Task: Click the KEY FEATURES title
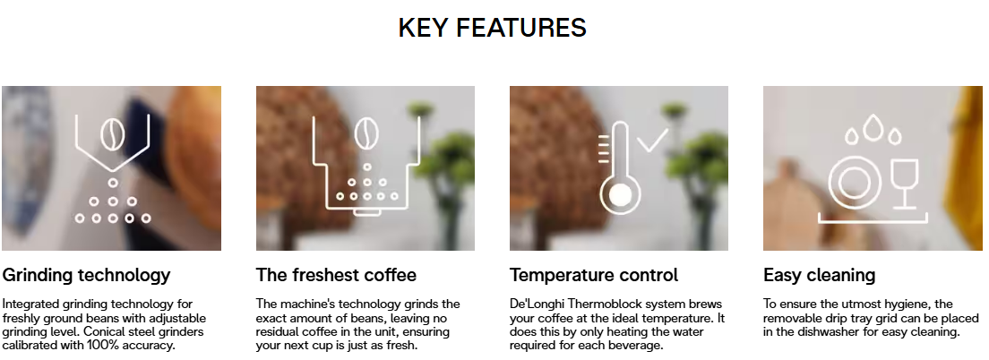[493, 29]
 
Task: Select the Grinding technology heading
[86, 276]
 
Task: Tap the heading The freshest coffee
[336, 275]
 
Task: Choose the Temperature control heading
[594, 275]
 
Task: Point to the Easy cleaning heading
[820, 276]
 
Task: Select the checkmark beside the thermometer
[652, 140]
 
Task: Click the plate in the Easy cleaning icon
[855, 184]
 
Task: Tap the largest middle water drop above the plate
[873, 126]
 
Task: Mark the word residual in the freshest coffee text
[277, 331]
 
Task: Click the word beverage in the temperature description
[641, 346]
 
